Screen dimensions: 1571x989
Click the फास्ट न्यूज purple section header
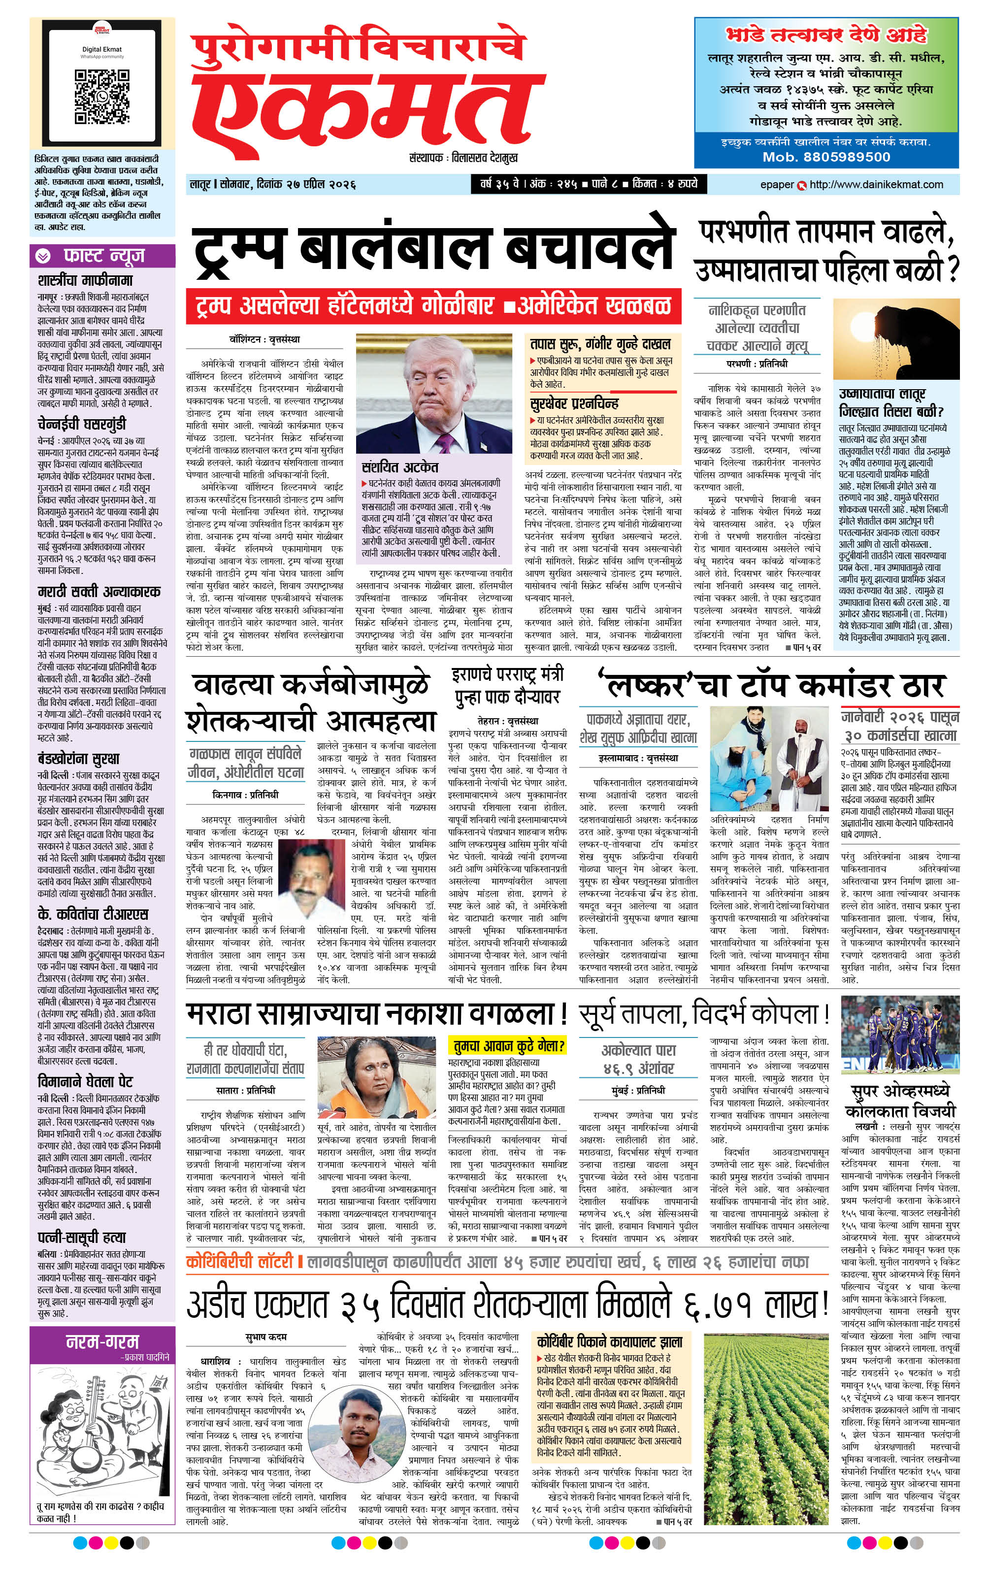[x=103, y=256]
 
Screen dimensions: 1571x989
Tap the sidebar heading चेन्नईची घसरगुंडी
[x=82, y=423]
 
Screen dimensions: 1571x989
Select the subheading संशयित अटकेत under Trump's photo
[x=400, y=467]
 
